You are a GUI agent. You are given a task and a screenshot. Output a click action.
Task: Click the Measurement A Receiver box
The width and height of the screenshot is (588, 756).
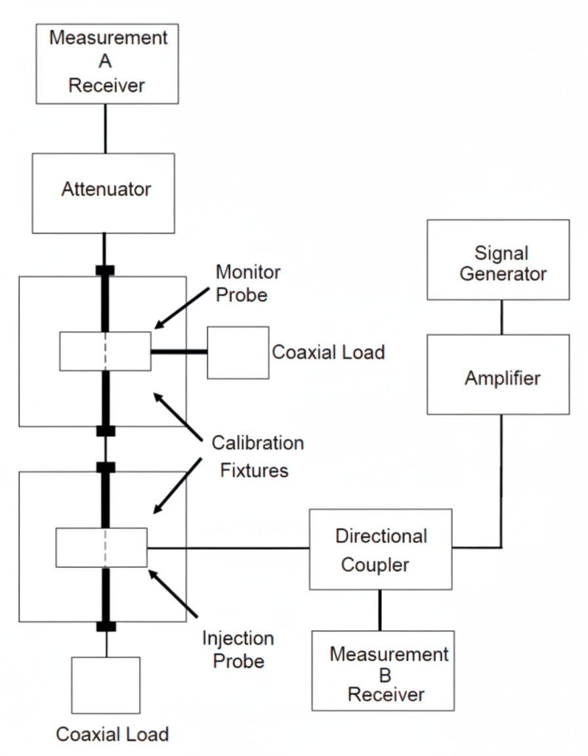tap(106, 64)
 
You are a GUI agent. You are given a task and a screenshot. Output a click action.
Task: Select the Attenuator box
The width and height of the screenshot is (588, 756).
tap(104, 193)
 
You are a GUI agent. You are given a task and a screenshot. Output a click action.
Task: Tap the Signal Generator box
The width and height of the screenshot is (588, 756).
tap(498, 260)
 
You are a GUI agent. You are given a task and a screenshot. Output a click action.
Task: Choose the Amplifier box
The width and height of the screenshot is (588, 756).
tap(498, 374)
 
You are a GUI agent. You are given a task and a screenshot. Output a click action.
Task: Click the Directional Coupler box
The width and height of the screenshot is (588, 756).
tap(381, 549)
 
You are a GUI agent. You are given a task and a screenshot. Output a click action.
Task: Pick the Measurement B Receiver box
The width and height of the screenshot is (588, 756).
tap(383, 671)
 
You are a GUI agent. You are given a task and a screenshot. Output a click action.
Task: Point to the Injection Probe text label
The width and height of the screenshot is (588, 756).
tap(238, 650)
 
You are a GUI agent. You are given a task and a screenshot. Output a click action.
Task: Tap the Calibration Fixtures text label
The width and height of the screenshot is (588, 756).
tap(257, 456)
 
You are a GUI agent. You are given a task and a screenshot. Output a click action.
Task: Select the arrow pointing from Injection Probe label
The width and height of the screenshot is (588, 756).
tap(173, 594)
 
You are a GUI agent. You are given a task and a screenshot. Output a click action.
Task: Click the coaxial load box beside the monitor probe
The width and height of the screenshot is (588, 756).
tap(238, 352)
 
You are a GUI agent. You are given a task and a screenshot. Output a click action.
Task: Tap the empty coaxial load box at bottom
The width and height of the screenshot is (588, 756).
tap(106, 684)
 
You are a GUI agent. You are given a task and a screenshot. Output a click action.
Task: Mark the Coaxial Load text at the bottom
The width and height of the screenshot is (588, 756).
tap(112, 734)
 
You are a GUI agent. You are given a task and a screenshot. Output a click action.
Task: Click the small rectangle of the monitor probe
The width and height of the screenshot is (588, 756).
tap(105, 351)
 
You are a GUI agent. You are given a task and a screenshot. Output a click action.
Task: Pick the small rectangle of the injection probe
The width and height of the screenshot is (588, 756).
tap(102, 547)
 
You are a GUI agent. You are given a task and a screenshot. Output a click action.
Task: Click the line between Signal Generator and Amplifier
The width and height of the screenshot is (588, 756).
tap(502, 317)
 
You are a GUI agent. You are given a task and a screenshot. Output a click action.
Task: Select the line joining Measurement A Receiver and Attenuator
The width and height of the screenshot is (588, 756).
tap(105, 128)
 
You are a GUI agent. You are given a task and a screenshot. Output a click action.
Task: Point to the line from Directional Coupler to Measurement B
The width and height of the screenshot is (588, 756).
tap(379, 610)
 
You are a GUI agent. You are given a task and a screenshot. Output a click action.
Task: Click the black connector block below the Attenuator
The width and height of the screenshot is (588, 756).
tap(105, 270)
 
